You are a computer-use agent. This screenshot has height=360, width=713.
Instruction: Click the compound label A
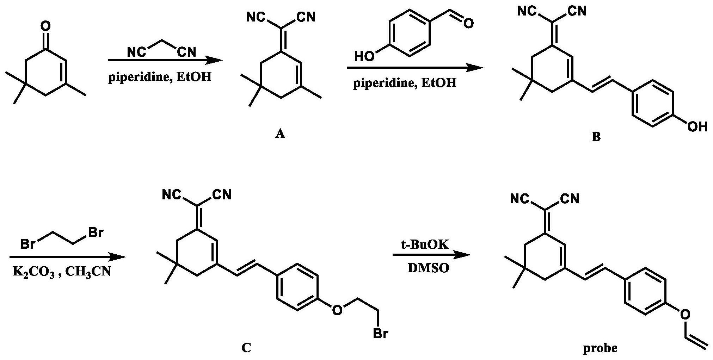pos(280,134)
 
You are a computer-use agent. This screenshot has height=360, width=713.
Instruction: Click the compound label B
pos(596,137)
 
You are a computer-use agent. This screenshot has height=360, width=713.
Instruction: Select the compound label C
pos(246,348)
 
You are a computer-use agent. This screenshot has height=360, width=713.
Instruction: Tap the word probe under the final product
pos(600,348)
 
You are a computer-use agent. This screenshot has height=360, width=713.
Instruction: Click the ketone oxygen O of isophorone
pos(45,26)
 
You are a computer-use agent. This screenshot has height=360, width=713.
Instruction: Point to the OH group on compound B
pos(697,126)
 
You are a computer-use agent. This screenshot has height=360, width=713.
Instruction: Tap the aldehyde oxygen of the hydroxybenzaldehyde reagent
pos(468,24)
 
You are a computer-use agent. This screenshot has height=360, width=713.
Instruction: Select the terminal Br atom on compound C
pos(380,333)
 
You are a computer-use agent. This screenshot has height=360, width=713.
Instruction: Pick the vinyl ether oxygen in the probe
pos(684,315)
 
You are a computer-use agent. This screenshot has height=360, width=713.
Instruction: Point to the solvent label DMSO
pos(429,268)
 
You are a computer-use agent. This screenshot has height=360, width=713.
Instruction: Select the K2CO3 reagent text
pos(34,272)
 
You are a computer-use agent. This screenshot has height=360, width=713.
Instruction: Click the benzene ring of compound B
pos(653,104)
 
